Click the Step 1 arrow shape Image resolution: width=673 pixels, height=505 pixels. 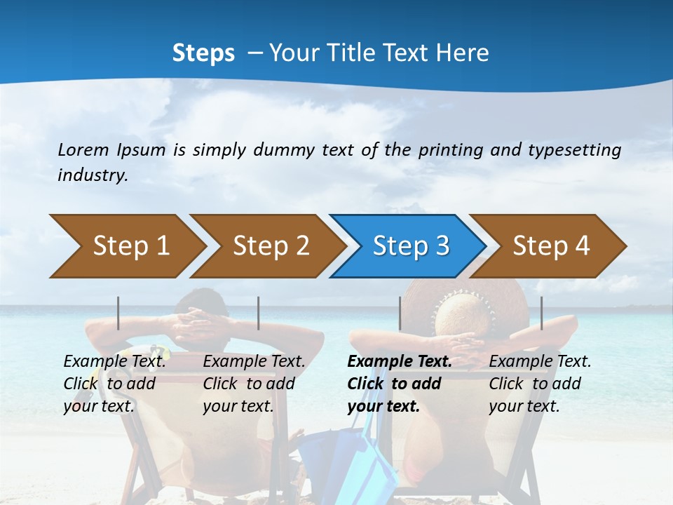coord(130,246)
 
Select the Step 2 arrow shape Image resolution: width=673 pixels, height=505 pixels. coord(271,246)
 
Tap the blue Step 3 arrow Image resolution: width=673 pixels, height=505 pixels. coord(411,246)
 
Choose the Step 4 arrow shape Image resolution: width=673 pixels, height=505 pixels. coord(551,246)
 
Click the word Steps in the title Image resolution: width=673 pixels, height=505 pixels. coord(203,53)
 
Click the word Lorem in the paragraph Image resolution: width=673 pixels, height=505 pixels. coord(83,150)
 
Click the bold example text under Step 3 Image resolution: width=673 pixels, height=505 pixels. coord(398,384)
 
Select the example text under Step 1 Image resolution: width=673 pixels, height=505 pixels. coord(114,384)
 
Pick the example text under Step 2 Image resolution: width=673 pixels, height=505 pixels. coord(254,384)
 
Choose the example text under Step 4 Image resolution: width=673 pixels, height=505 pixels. coord(540,384)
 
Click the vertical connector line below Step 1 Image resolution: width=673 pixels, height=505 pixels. coord(118,313)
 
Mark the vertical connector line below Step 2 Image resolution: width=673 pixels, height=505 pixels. coord(259,313)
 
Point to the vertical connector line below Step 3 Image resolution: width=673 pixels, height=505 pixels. coord(400,313)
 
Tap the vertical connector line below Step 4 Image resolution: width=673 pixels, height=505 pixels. coord(541,313)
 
